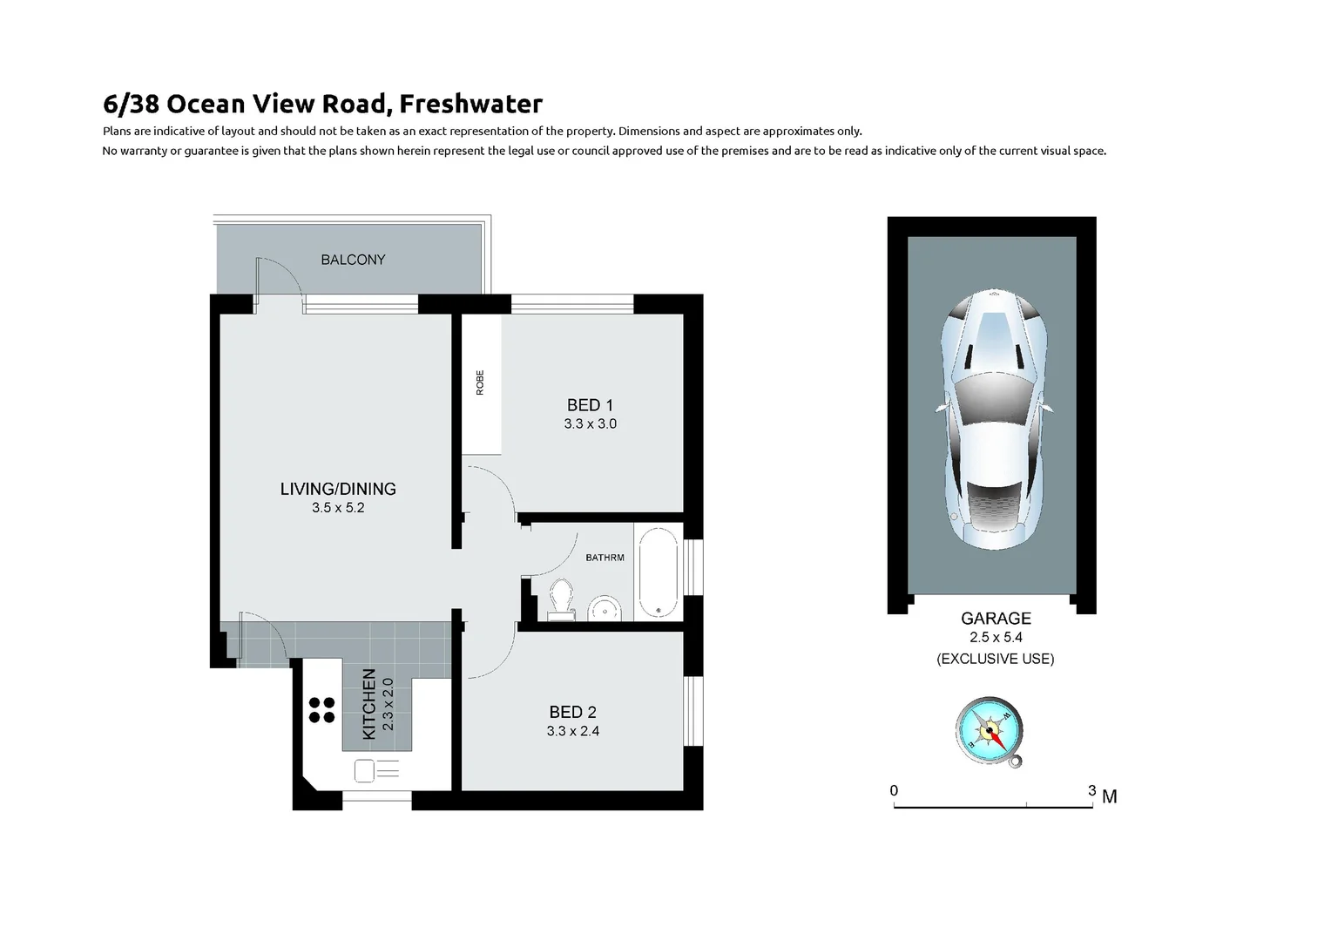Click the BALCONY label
[x=353, y=260]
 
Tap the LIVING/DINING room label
[x=338, y=489]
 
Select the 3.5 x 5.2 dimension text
[x=338, y=508]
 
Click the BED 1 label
[x=590, y=405]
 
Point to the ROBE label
[x=480, y=383]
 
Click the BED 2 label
[x=572, y=712]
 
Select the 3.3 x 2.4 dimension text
[x=572, y=732]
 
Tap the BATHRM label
[x=605, y=558]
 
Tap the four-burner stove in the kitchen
[x=321, y=710]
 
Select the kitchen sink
[x=375, y=770]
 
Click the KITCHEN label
[x=369, y=704]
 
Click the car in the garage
[x=992, y=410]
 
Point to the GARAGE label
[x=996, y=619]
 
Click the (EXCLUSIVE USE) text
[x=996, y=659]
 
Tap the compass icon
[x=990, y=731]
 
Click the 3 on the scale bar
[x=1091, y=791]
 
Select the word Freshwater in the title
[x=471, y=105]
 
